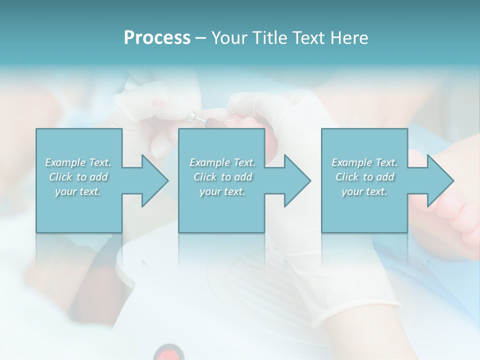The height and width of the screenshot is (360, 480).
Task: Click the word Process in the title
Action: pyautogui.click(x=157, y=38)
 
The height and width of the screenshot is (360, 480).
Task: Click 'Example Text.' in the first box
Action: pyautogui.click(x=78, y=162)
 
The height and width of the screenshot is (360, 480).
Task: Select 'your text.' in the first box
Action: pyautogui.click(x=78, y=191)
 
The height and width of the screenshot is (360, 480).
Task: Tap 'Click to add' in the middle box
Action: pyautogui.click(x=222, y=177)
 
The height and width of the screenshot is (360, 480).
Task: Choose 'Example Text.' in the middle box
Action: pyautogui.click(x=222, y=162)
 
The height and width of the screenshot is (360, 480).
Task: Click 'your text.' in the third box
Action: pyautogui.click(x=364, y=191)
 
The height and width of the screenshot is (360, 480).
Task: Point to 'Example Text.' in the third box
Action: pyautogui.click(x=364, y=162)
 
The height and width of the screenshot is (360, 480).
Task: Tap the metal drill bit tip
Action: pyautogui.click(x=192, y=118)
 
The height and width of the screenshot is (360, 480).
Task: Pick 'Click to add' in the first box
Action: pyautogui.click(x=78, y=177)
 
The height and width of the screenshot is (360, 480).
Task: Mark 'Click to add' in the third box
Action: pyautogui.click(x=364, y=177)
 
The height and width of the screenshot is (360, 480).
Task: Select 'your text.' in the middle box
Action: pyautogui.click(x=222, y=191)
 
